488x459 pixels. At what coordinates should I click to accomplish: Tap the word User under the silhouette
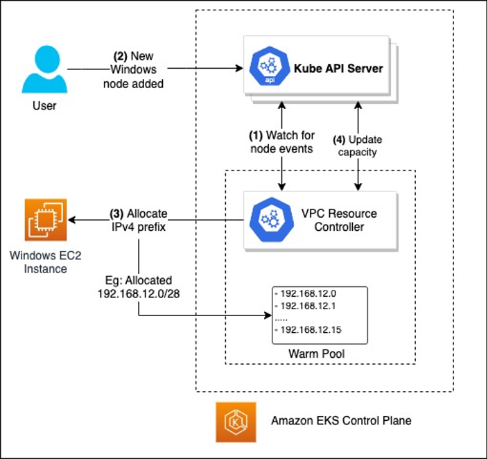44,106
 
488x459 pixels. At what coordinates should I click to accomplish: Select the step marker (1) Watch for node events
283,142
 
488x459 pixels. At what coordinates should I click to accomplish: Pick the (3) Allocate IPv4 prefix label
138,220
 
